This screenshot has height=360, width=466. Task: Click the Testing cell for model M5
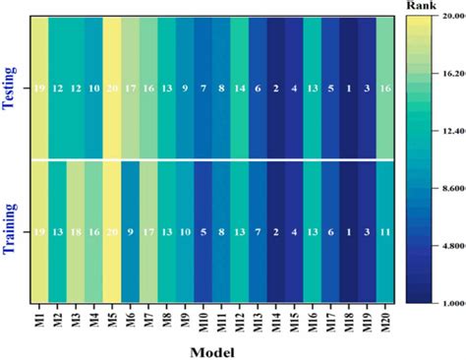coord(112,88)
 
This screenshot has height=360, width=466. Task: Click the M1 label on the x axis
coord(38,319)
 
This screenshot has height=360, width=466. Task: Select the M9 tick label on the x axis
coord(186,319)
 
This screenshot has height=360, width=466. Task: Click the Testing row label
coord(14,88)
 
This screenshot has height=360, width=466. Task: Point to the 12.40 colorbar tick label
coord(451,131)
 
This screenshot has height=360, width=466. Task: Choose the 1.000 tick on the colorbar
coord(451,304)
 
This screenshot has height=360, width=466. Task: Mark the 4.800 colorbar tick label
coord(451,246)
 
